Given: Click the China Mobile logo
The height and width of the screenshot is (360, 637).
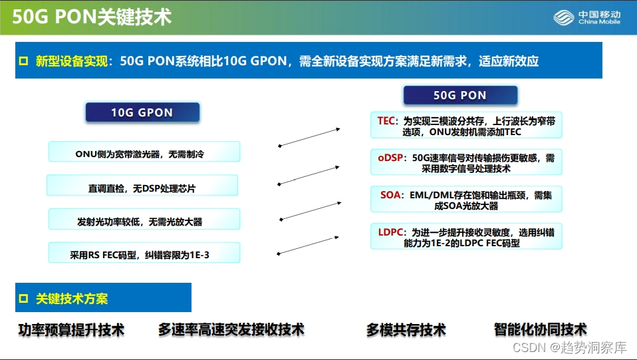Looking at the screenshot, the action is tap(589, 17).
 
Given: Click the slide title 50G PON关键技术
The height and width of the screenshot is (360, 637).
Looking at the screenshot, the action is tap(92, 17).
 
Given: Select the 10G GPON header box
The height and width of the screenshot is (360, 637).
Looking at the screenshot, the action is tap(142, 112).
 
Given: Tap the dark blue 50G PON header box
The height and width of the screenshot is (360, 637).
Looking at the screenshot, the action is tap(459, 95).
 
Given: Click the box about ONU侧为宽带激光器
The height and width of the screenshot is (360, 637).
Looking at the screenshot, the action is tap(144, 154).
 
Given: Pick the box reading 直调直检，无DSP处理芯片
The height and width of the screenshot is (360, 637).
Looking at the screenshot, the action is tap(142, 188).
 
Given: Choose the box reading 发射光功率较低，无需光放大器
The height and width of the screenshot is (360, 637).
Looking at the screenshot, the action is tap(144, 221).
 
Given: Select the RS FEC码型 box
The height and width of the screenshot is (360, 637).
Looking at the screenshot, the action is tap(144, 254).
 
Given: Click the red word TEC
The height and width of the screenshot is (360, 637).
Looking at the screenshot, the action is tap(386, 120).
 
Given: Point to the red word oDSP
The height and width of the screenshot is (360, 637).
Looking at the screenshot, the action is tap(390, 158).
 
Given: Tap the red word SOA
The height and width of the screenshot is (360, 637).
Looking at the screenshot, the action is tap(390, 195).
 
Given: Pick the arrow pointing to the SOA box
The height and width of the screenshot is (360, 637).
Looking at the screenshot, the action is tap(310, 210).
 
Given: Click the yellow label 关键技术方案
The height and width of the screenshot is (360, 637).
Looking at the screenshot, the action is tap(72, 299).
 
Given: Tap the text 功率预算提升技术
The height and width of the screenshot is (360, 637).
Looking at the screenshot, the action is tap(71, 329).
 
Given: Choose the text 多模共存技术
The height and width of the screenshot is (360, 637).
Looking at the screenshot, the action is tap(406, 329).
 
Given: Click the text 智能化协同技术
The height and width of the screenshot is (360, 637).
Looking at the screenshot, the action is tap(540, 329).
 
